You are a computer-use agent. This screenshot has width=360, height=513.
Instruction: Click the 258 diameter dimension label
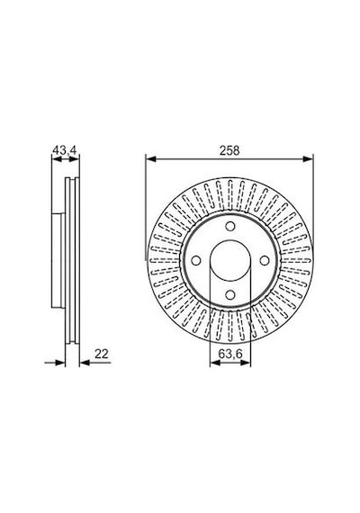coord(229,151)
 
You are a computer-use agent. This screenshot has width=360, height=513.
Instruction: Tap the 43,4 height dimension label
coord(65,150)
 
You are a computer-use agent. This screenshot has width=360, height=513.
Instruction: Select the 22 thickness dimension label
coord(101,354)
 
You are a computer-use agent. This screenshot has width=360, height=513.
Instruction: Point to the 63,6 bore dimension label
coord(229,354)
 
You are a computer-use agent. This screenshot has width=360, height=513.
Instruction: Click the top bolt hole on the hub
coord(230,226)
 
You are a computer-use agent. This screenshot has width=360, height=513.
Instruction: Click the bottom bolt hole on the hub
coord(230,295)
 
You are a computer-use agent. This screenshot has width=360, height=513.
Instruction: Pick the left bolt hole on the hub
coord(195,260)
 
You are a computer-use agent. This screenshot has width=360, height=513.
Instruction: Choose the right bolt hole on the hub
coord(265,260)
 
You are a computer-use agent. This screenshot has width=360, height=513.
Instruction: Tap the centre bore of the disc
coord(230,260)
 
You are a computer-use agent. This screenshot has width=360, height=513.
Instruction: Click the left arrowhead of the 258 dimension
coord(150,159)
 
